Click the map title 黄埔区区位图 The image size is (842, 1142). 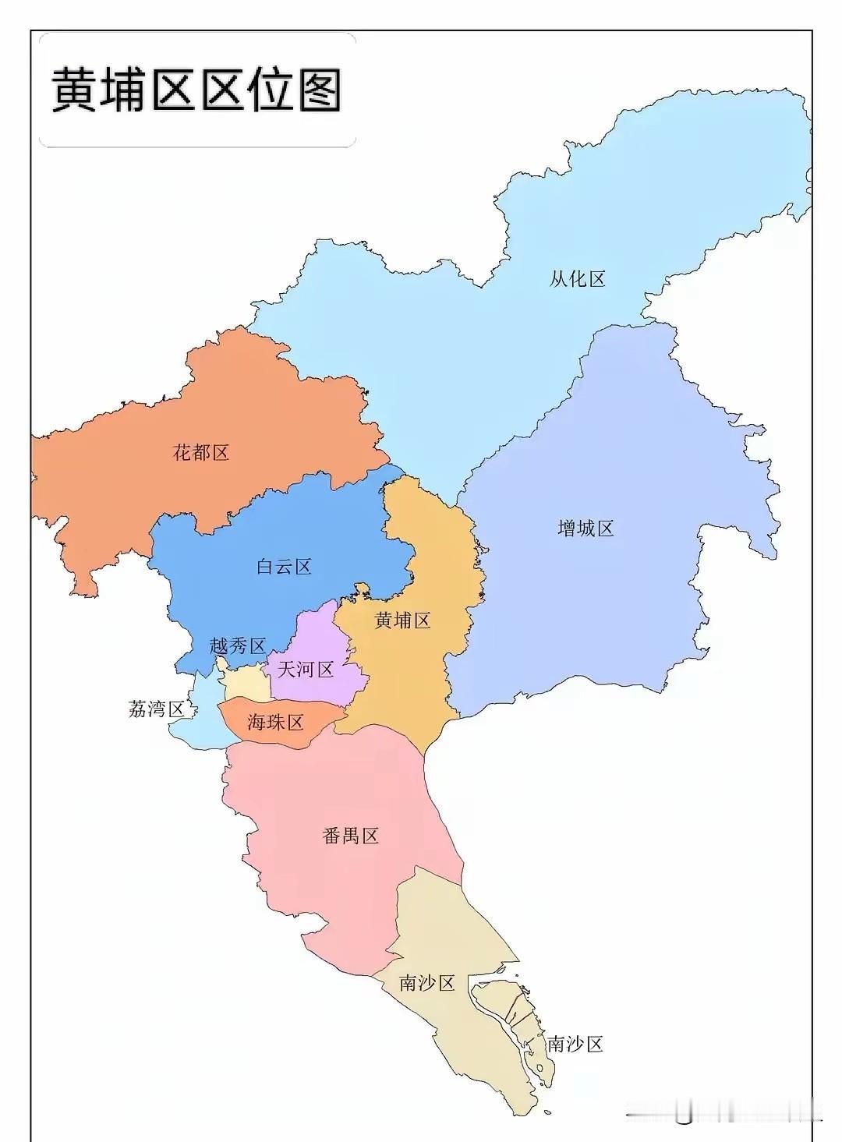pos(196,90)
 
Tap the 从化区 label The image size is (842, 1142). pos(577,278)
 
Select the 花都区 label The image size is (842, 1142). pos(201,452)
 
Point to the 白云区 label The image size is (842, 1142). pos(284,567)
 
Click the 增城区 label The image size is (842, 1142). pos(586,529)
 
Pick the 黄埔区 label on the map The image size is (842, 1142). pos(402,620)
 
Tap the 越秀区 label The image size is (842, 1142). pos(238,646)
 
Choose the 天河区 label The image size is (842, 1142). pos(306,669)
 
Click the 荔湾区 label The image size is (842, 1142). pos(156,709)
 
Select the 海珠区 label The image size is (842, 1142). pos(275,723)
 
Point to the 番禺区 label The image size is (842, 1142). pos(350,836)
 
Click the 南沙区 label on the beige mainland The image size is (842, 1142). pos(426,983)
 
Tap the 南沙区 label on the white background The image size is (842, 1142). pos(575,1044)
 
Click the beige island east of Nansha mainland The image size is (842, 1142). pos(511,1013)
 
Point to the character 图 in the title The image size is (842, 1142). pos(318,90)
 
